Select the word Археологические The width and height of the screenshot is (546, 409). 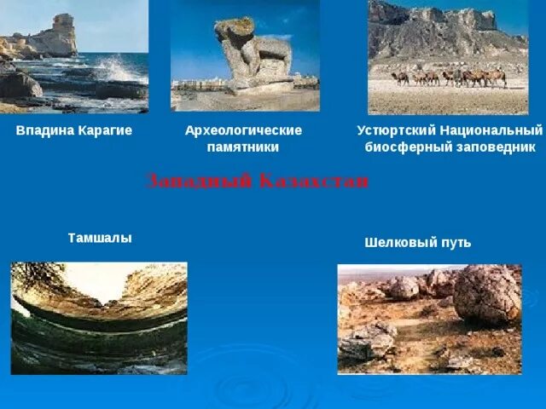tap(243, 130)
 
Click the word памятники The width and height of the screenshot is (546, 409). tap(243, 147)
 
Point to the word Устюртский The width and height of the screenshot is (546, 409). tap(395, 130)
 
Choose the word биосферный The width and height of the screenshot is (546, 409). tap(405, 146)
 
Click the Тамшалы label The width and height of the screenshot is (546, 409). tap(100, 239)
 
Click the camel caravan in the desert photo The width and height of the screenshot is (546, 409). tap(448, 78)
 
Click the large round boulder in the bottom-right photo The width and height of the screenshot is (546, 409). tap(487, 295)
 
